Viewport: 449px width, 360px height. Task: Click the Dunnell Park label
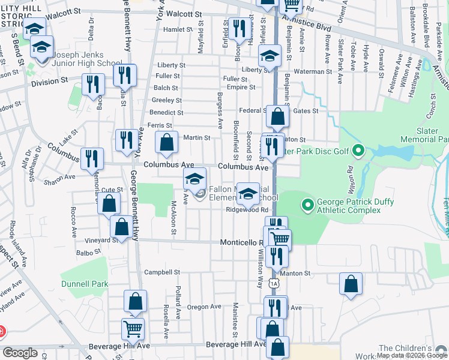point(84,284)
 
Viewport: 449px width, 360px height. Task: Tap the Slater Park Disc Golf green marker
point(358,149)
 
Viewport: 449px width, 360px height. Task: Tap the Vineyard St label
point(106,240)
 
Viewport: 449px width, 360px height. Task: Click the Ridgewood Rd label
point(243,210)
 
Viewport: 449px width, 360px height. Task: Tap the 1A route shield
point(274,283)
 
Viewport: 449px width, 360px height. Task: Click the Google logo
point(20,353)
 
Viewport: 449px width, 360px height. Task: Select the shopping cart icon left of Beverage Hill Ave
point(133,328)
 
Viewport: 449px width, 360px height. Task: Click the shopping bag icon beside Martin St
point(167,142)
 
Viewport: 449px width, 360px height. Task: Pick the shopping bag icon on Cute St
point(109,203)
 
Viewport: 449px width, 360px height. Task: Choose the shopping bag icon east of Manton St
point(351,283)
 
